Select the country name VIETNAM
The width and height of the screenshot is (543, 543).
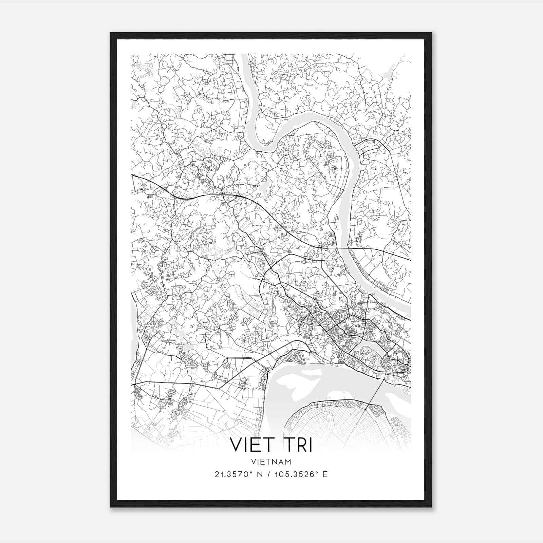pos(271,462)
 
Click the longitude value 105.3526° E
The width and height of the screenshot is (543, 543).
pos(299,474)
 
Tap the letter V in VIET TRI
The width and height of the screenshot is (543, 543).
pos(237,445)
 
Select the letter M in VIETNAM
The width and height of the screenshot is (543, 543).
pos(288,462)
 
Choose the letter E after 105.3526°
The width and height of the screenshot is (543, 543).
pos(325,474)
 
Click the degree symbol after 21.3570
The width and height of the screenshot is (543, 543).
pos(251,472)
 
